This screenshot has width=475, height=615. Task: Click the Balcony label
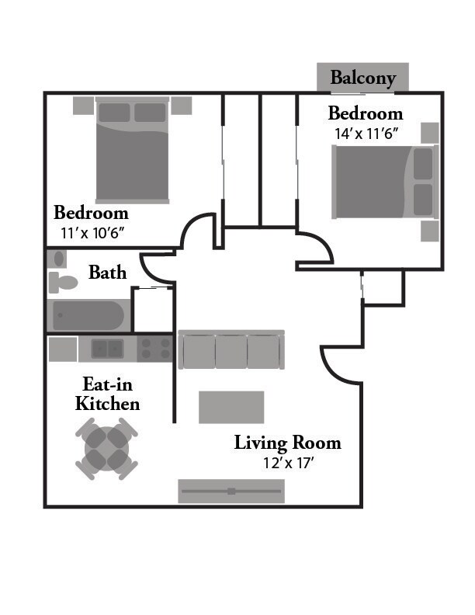point(362,78)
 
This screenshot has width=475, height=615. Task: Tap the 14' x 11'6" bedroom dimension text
point(366,133)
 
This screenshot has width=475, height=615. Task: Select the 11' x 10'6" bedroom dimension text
point(91,231)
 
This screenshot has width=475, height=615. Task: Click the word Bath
point(107,273)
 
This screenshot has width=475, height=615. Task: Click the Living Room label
point(288,443)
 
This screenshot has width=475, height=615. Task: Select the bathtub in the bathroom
point(87,315)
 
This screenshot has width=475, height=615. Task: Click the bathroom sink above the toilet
point(57,259)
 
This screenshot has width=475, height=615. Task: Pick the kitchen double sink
point(106,349)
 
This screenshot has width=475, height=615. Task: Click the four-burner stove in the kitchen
point(154,349)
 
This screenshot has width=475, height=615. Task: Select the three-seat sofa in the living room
point(231,350)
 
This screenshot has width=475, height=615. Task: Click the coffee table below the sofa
point(231,407)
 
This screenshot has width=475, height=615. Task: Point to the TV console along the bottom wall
point(231,491)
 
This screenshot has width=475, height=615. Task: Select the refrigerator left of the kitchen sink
point(62,349)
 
